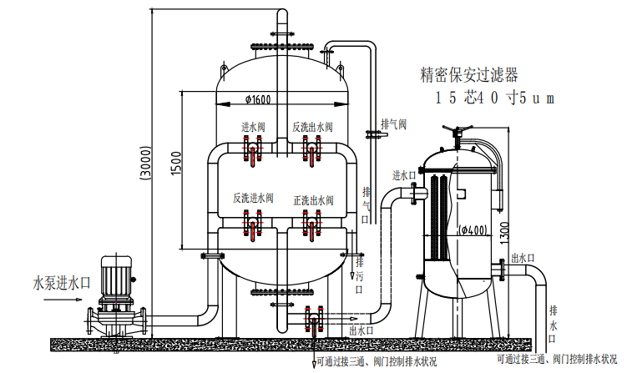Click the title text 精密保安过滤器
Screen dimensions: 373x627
click(x=471, y=75)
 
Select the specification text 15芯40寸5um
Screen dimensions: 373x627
click(x=493, y=98)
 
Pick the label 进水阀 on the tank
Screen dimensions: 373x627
click(x=253, y=127)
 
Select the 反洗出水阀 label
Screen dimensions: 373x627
click(x=312, y=127)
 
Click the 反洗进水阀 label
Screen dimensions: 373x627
click(x=253, y=199)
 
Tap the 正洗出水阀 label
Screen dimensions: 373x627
click(x=313, y=199)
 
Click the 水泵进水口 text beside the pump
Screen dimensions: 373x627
click(x=61, y=281)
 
